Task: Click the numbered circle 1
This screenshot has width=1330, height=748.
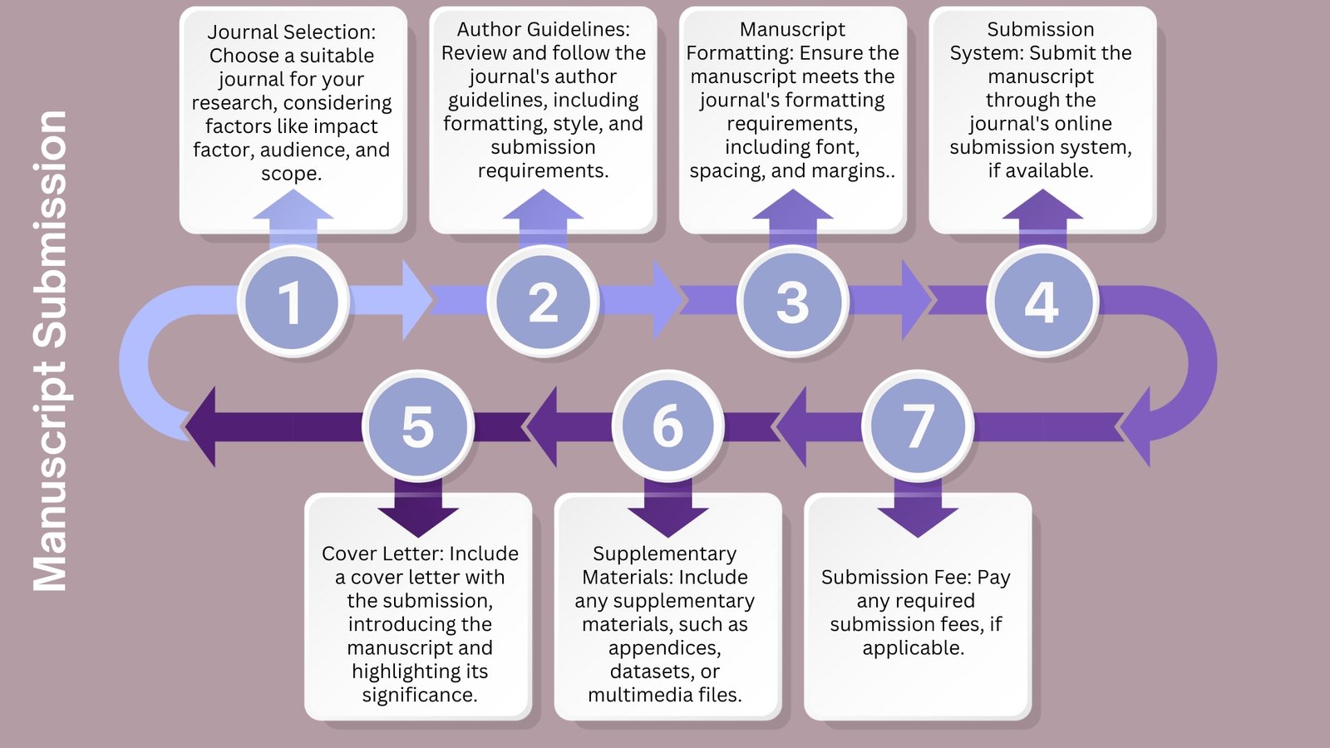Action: click(x=292, y=302)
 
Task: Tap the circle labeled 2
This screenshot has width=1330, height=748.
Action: click(x=543, y=302)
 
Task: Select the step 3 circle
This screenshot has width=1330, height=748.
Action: click(x=792, y=302)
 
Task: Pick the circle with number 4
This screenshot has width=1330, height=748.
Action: click(x=1042, y=302)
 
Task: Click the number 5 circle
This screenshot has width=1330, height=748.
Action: click(x=418, y=426)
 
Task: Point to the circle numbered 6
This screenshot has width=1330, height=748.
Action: click(x=667, y=426)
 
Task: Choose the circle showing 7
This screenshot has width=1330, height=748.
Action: click(x=918, y=426)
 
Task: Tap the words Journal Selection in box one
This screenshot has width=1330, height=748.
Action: click(x=290, y=32)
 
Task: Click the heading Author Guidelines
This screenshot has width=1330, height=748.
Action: click(x=543, y=29)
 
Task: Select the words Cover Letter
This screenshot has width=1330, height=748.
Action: click(x=377, y=554)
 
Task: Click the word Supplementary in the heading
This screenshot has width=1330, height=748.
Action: click(x=664, y=554)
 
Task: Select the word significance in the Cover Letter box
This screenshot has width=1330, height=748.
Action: click(x=418, y=695)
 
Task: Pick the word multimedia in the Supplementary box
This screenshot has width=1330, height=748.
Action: click(x=636, y=695)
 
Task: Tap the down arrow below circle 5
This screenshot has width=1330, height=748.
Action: click(x=418, y=509)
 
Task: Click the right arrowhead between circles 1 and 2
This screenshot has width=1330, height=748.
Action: click(x=416, y=300)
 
